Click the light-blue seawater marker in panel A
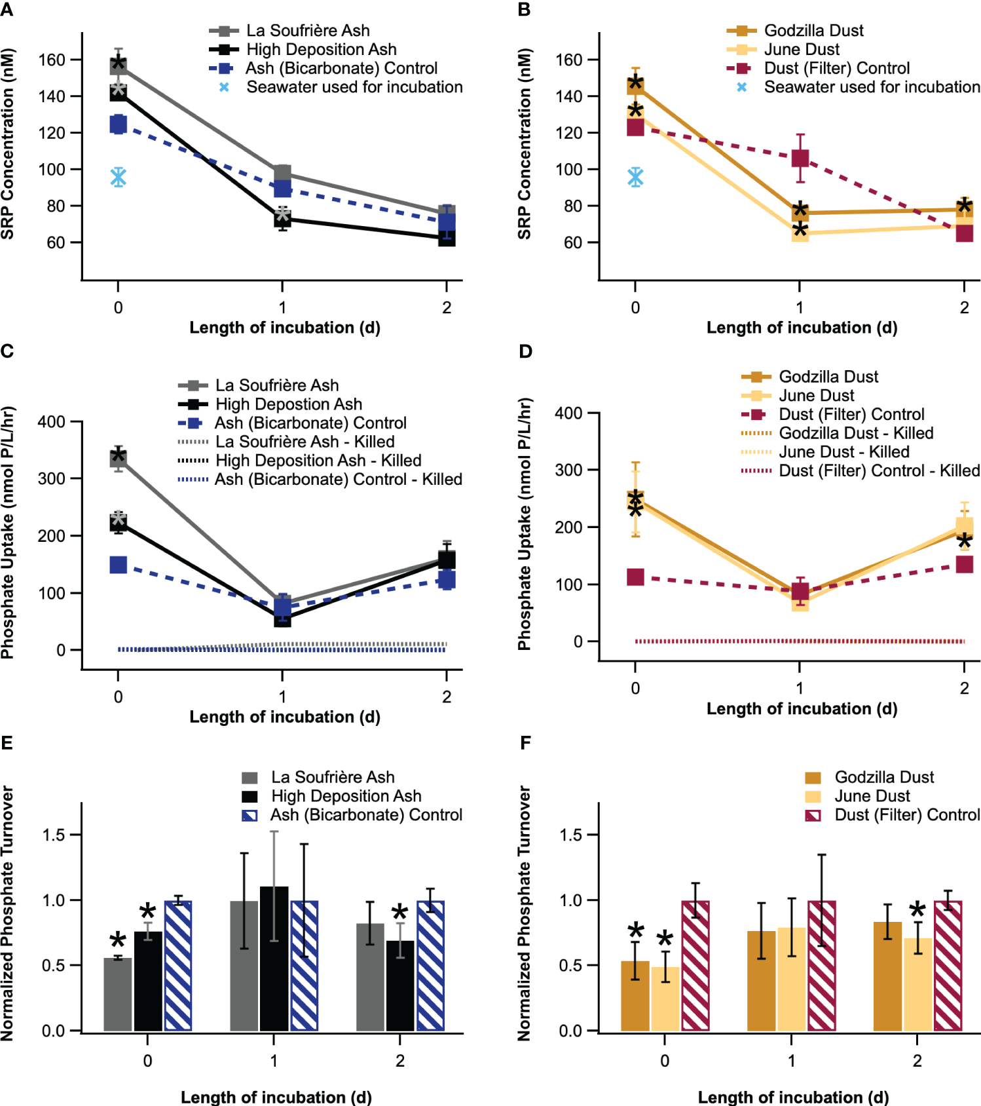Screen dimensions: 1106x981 tap(118, 177)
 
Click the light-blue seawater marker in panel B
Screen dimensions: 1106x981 tap(635, 177)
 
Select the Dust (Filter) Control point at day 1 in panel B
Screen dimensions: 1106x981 tap(800, 158)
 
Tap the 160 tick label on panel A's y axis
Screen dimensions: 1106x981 tap(52, 60)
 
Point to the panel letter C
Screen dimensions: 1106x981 tap(7, 351)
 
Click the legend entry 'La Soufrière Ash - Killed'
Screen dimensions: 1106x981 tap(305, 442)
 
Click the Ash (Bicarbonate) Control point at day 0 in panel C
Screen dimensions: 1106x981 tap(118, 565)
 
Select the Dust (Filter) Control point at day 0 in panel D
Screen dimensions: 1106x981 tap(635, 577)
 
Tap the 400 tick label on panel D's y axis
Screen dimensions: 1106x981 tap(568, 413)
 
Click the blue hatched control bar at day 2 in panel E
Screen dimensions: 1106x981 tap(430, 966)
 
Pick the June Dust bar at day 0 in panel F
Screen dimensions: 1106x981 tap(665, 999)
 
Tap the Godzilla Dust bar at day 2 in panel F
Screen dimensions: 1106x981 tap(887, 976)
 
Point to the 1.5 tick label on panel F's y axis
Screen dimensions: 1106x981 tap(570, 835)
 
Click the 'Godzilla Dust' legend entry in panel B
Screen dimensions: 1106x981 tap(813, 30)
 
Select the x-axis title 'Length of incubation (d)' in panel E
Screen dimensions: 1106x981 tap(276, 1097)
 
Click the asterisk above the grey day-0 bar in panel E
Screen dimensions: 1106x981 tap(118, 941)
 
